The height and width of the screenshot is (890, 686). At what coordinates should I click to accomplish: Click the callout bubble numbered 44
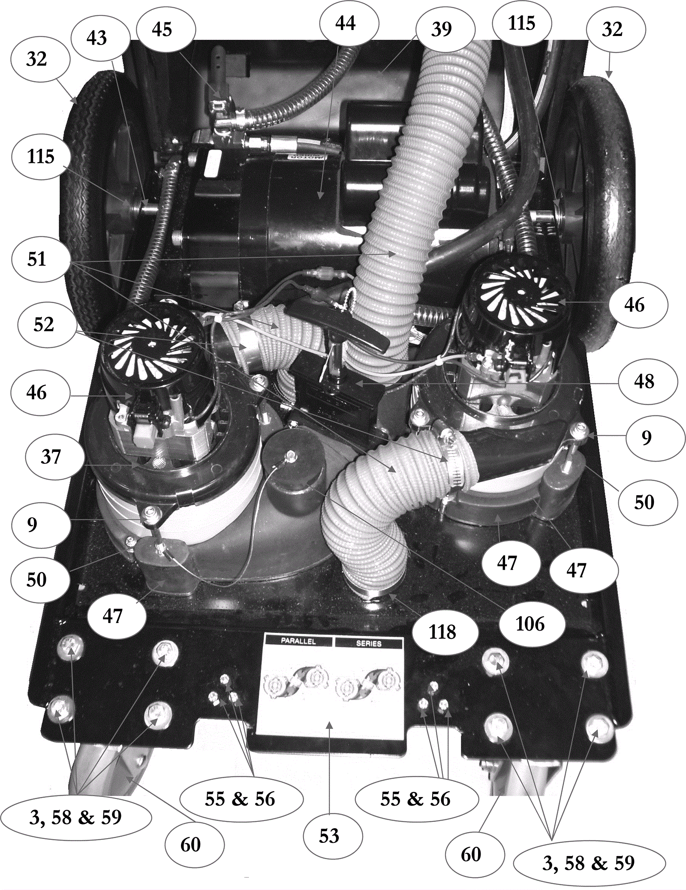[346, 23]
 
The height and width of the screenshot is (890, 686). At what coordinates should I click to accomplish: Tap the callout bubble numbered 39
[442, 29]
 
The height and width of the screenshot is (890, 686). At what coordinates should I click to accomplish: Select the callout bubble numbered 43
[97, 38]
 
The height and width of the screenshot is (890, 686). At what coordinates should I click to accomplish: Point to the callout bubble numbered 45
[162, 30]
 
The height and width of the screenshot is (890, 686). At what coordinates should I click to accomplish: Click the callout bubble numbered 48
[644, 382]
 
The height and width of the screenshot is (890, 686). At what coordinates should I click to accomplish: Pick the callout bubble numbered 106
[530, 624]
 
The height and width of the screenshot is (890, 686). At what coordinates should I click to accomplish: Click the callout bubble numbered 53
[329, 836]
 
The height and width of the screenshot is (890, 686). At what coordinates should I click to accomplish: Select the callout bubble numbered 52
[44, 325]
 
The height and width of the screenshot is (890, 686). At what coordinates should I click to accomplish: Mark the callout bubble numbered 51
[37, 259]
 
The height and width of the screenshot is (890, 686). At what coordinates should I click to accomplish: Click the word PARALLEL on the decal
[298, 641]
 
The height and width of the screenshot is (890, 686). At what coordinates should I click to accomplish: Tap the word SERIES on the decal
[369, 643]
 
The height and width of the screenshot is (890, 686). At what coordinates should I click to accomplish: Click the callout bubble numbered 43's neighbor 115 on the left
[41, 156]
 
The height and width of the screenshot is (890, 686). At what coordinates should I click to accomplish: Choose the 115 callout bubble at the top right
[522, 23]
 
